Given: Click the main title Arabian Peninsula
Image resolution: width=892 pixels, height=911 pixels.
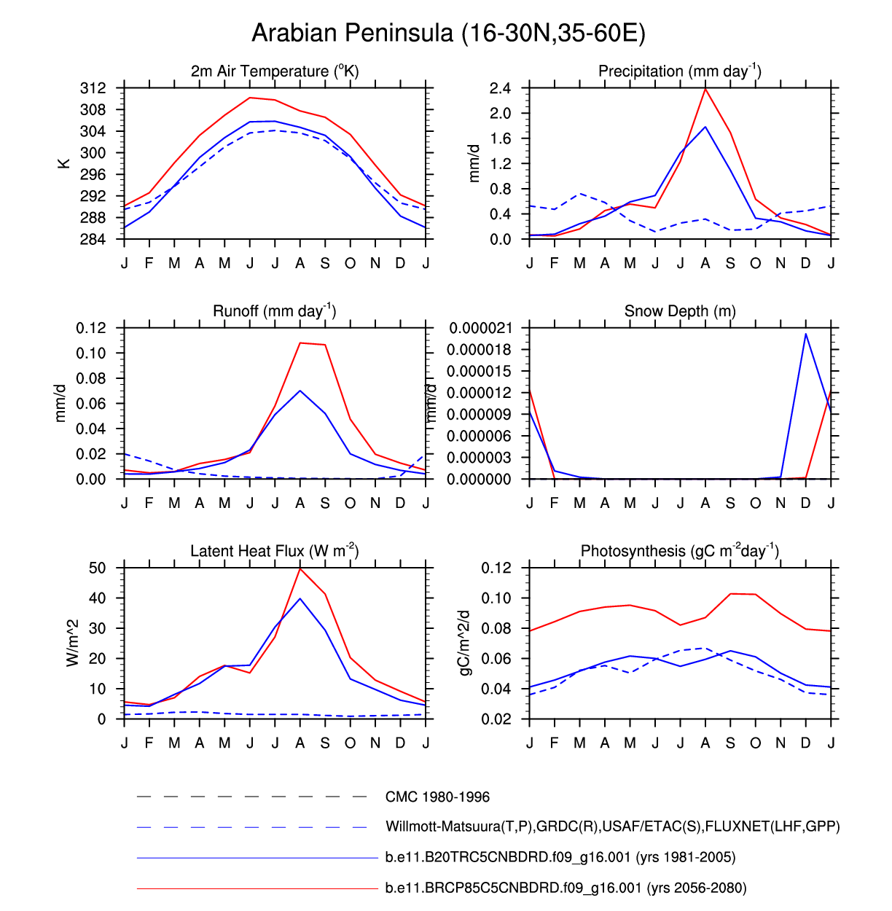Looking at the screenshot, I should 448,34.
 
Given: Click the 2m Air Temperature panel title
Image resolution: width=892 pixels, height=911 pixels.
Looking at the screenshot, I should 275,71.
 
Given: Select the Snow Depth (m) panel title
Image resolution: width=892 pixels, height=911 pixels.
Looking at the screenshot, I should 680,311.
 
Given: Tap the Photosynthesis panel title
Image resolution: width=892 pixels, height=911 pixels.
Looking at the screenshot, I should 680,551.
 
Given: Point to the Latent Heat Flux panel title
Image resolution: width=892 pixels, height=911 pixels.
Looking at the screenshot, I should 275,551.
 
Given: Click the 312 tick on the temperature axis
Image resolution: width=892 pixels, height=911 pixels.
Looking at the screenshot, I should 93,88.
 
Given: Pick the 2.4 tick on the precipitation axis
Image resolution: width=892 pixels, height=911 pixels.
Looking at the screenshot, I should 501,88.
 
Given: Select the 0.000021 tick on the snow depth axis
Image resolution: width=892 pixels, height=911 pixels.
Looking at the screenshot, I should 480,329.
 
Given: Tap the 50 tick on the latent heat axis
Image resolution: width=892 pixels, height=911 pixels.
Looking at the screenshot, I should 98,568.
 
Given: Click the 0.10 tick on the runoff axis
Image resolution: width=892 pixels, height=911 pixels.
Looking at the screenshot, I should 91,353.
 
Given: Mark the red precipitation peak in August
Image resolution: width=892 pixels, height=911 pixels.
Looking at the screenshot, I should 705,89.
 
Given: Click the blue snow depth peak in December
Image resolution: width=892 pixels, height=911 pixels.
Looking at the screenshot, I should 805,334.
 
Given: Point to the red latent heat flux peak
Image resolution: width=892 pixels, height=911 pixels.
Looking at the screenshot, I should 300,568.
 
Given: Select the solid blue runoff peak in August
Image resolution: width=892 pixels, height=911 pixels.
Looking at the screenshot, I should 300,391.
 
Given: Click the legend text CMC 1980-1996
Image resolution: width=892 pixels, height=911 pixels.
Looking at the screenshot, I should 437,797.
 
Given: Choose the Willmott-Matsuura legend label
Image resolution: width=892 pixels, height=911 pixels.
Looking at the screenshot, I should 612,826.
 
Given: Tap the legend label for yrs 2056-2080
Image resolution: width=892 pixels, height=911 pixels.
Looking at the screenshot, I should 566,888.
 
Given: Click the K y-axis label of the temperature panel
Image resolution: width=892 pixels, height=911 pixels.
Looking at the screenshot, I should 64,163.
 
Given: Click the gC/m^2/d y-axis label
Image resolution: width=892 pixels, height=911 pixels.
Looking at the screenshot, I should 464,643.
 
